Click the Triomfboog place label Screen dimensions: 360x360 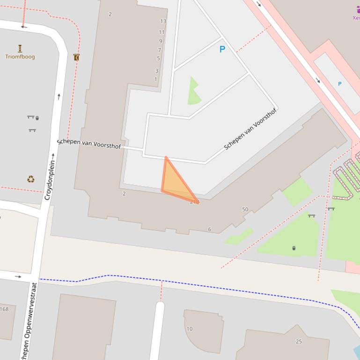20,57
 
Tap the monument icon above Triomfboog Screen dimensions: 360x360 20,48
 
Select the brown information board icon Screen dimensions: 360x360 76,58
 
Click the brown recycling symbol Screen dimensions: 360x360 31,179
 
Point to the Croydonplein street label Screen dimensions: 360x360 50,180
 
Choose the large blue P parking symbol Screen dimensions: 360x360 222,49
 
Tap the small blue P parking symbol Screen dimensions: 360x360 340,84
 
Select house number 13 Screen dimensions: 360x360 163,22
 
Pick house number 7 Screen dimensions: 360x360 159,50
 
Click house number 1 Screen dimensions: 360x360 156,79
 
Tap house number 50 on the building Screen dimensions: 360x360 245,209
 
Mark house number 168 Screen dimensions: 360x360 4,309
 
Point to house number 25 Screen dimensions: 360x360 299,341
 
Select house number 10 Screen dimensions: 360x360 190,329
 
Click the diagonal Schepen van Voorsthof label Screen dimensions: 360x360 250,129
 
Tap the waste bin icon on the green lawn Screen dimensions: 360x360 294,248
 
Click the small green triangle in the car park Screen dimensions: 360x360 194,92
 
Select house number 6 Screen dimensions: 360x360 210,229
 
